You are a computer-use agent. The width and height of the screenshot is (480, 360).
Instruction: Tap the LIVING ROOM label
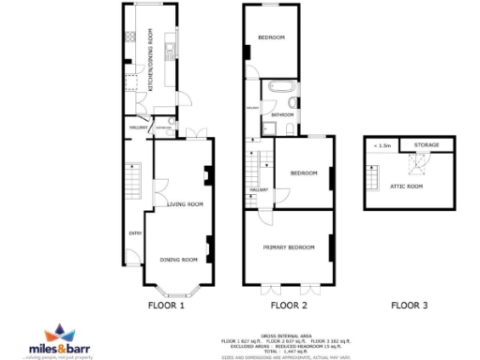coord(185,203)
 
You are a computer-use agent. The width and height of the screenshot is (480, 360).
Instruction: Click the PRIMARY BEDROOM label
coord(289,247)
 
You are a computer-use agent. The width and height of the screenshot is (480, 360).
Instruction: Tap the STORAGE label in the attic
coord(427,145)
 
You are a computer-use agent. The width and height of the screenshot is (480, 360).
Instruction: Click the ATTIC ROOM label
coord(407,187)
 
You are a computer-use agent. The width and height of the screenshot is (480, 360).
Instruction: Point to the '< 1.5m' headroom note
coord(382,145)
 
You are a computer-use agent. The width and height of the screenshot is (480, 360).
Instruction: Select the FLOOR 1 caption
coord(167,305)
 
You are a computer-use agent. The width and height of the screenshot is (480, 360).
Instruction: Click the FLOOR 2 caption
coord(289,305)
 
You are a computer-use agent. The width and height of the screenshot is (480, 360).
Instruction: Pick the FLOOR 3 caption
coord(409,305)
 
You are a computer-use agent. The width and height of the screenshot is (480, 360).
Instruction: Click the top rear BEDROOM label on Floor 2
coord(271,37)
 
